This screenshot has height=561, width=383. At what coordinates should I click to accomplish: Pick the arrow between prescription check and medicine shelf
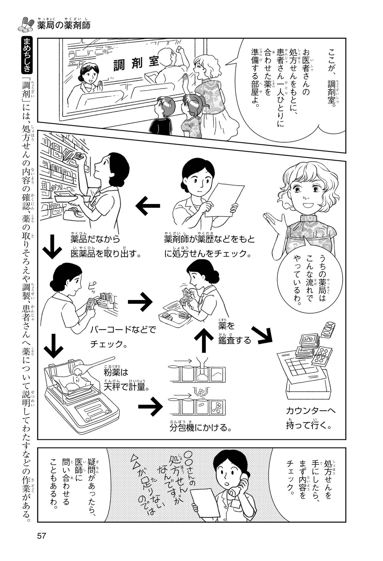tap(147, 206)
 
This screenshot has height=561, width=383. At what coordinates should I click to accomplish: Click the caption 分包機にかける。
tap(200, 427)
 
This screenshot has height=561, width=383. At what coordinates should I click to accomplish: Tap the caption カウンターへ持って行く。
tap(311, 418)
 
